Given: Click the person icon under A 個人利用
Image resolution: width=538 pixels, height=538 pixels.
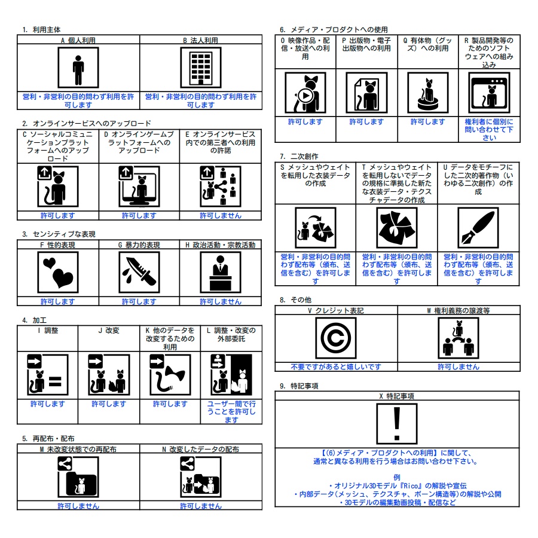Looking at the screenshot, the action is [78, 68].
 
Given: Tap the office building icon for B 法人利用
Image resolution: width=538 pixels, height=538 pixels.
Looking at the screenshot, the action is [201, 68].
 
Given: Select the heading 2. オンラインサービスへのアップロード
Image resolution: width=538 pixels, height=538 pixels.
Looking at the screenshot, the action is [87, 123].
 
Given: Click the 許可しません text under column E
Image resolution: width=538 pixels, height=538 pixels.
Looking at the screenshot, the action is [221, 215].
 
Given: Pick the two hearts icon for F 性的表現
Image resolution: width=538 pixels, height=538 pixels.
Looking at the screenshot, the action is [58, 272].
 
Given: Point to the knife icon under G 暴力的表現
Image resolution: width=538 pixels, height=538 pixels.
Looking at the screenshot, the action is [139, 272].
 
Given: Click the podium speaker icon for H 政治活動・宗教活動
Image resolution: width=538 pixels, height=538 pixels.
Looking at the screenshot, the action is [221, 272].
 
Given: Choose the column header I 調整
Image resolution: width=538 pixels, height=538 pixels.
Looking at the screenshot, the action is [48, 331].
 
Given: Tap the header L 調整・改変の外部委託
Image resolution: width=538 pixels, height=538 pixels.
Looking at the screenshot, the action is [231, 335].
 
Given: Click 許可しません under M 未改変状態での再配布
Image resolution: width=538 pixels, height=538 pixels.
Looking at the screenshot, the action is [78, 506].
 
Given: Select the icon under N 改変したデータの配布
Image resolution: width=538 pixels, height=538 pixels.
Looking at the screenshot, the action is [201, 477].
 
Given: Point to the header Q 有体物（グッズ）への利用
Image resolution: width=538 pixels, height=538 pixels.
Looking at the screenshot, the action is [428, 44].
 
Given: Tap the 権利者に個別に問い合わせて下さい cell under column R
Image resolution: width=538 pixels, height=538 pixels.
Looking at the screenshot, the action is [489, 130].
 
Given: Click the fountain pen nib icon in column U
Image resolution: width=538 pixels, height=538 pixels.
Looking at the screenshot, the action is [478, 228].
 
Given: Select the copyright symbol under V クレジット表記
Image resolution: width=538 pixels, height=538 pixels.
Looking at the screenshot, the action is [336, 338].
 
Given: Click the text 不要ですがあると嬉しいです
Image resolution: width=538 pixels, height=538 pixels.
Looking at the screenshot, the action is [336, 367].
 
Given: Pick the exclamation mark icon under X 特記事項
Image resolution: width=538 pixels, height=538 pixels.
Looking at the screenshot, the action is [397, 424].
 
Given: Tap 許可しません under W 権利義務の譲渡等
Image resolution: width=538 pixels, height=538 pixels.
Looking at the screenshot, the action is [458, 367].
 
